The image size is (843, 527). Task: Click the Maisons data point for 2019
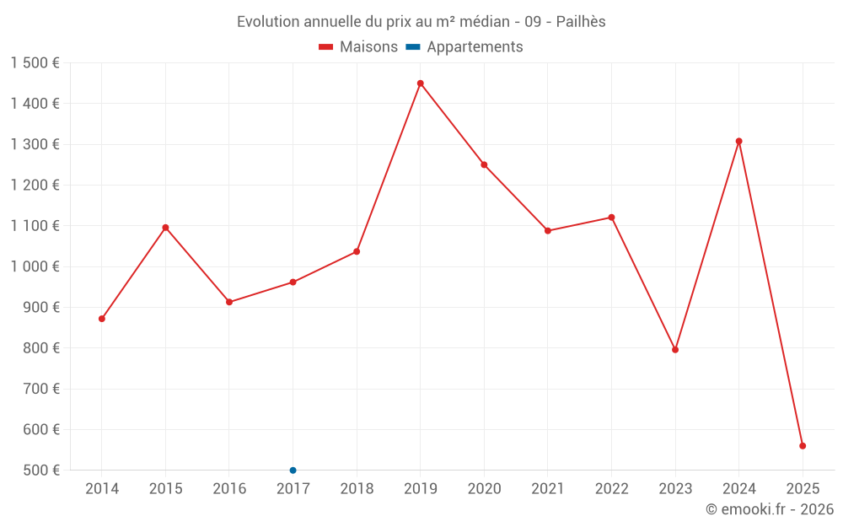pos(420,83)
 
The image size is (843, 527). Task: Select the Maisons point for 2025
pos(803,446)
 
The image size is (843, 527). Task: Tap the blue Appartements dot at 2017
pos(293,471)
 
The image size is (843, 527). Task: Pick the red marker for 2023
pos(675,350)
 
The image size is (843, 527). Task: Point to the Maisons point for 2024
pos(739,142)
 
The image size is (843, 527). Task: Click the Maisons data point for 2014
pos(102,319)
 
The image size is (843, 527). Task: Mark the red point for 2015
pos(165,228)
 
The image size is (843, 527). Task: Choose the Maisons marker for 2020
pos(484,165)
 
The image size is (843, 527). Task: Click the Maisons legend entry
pos(358,47)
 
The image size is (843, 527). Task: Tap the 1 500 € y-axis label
pos(35,63)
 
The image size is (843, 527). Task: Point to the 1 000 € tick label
pos(35,266)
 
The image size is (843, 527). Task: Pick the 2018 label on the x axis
pos(357,489)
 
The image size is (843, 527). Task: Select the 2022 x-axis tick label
pos(611,489)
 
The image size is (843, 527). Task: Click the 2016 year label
pos(229,489)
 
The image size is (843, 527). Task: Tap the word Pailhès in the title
pos(581,22)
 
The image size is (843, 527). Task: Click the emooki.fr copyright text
pos(770,509)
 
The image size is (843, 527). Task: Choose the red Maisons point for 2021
pos(548,231)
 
